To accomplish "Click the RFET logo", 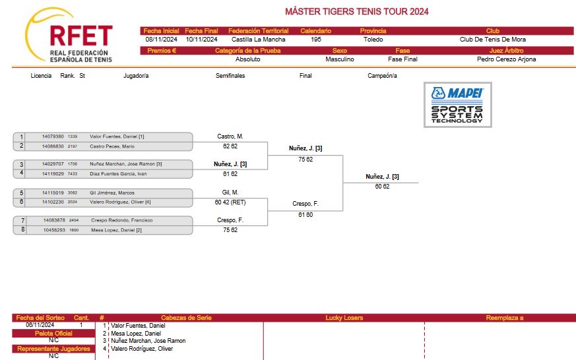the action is click(69, 36).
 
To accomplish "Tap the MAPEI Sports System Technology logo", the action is click(458, 105).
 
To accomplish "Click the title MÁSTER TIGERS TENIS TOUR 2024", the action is click(357, 11).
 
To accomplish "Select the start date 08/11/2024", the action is click(161, 40).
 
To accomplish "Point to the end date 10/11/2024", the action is click(201, 40).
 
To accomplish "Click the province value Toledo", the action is click(373, 40).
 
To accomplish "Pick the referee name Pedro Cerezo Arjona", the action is click(506, 59).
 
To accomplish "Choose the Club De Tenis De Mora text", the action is click(493, 40).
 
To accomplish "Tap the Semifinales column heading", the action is click(230, 76).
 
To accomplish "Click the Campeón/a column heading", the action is click(382, 76).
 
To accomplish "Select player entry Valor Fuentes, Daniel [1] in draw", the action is click(117, 136).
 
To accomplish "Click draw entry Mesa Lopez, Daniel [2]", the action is click(116, 230).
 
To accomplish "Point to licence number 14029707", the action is click(53, 164).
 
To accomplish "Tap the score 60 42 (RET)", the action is click(230, 202).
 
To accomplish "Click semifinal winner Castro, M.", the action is click(230, 136).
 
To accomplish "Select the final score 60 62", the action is click(382, 187).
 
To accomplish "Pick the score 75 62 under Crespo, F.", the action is click(230, 230).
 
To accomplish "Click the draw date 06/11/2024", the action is click(40, 325).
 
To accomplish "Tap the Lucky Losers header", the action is click(344, 318).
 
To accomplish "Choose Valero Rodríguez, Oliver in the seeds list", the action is click(142, 349).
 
